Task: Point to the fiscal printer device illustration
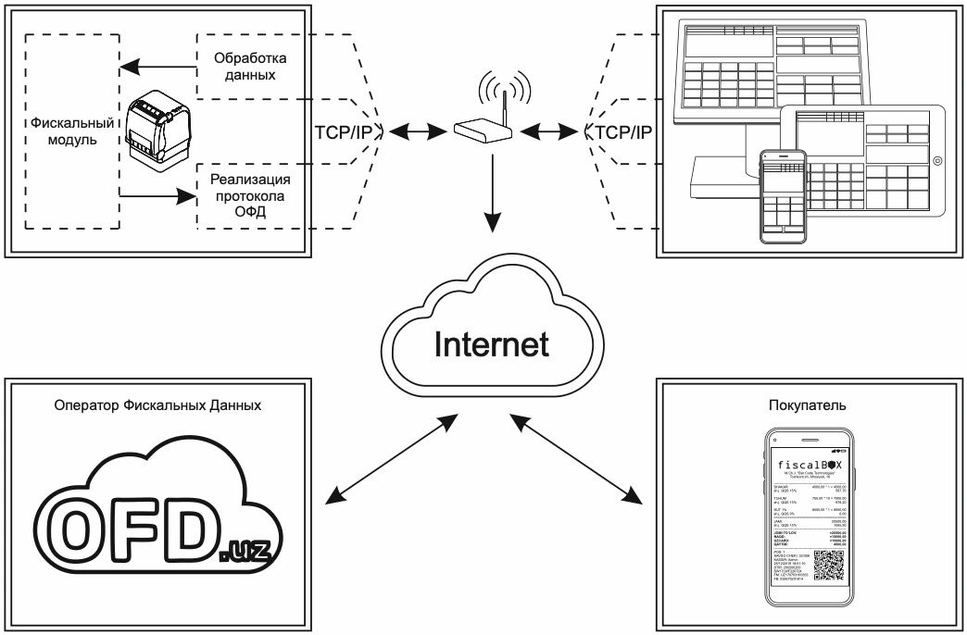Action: coord(157,134)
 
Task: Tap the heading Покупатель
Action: coord(800,405)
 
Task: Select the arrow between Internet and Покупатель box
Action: coord(576,460)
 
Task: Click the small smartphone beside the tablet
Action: coord(783,196)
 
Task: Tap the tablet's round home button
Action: coord(937,161)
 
